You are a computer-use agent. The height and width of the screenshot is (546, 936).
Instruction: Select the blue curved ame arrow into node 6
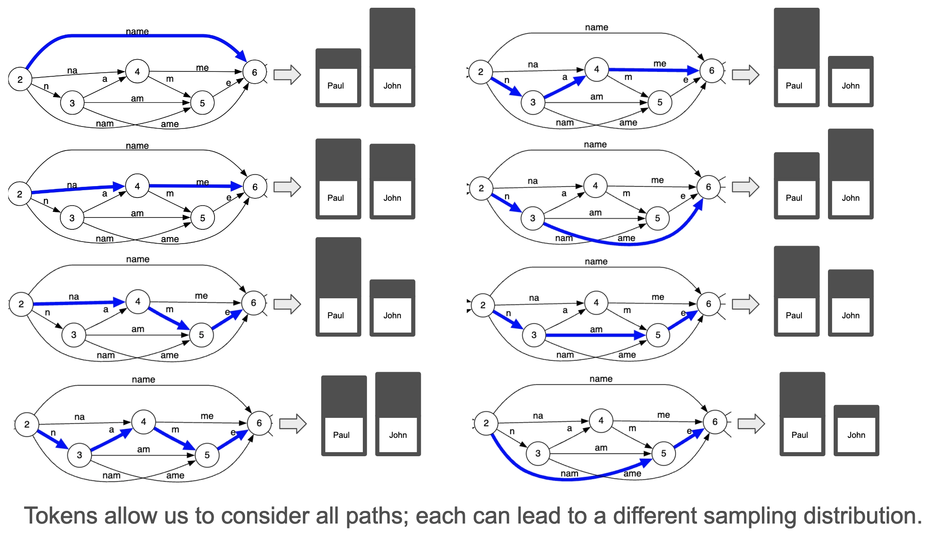(x=636, y=244)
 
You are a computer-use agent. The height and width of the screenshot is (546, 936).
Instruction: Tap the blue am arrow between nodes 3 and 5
(x=595, y=335)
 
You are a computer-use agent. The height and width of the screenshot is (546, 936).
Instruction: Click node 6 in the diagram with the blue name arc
(x=254, y=72)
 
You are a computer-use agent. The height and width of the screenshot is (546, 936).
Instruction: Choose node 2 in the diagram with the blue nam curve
(x=486, y=423)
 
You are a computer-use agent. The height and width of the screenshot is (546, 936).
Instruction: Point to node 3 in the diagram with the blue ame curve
(x=532, y=218)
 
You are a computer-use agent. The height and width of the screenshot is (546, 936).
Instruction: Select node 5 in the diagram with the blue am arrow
(x=658, y=335)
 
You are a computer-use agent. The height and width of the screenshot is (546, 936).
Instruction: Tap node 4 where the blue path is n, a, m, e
(x=143, y=422)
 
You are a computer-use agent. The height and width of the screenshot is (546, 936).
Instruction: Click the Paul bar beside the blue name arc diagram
(x=338, y=78)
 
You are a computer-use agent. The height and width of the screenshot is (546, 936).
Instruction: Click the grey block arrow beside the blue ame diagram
(x=745, y=187)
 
